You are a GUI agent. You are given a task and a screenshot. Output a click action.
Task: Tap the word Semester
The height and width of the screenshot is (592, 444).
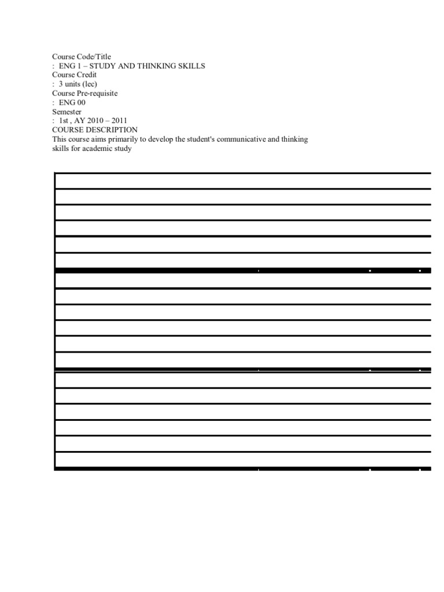[x=67, y=112]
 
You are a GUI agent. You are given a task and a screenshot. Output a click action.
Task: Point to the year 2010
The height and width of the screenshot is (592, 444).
[x=96, y=121]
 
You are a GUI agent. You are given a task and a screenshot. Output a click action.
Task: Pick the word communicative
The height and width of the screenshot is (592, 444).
[x=249, y=139]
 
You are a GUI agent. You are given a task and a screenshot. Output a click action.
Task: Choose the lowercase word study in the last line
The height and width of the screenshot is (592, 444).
[x=124, y=149]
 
